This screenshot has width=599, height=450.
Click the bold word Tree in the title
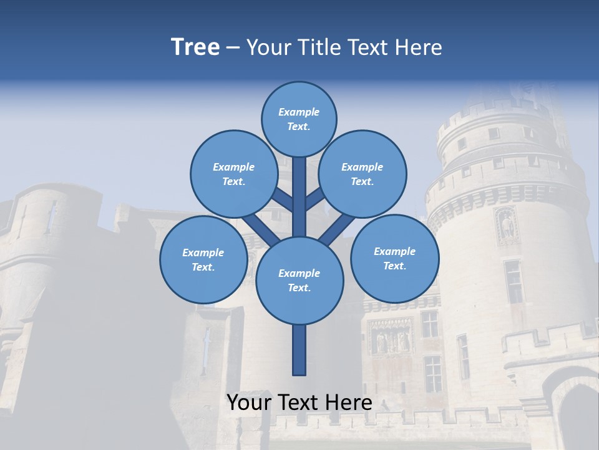195,47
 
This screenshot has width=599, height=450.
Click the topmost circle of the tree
299,119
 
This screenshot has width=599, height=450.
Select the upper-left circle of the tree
233,174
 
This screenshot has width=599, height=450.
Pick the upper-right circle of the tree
363,174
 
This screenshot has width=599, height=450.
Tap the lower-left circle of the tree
203,259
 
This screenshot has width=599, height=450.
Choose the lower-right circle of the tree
394,258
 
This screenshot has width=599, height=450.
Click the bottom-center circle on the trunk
299,280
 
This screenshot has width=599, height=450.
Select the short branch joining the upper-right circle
316,199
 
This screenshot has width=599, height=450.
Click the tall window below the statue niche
513,281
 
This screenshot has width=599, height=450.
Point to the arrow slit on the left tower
51,216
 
